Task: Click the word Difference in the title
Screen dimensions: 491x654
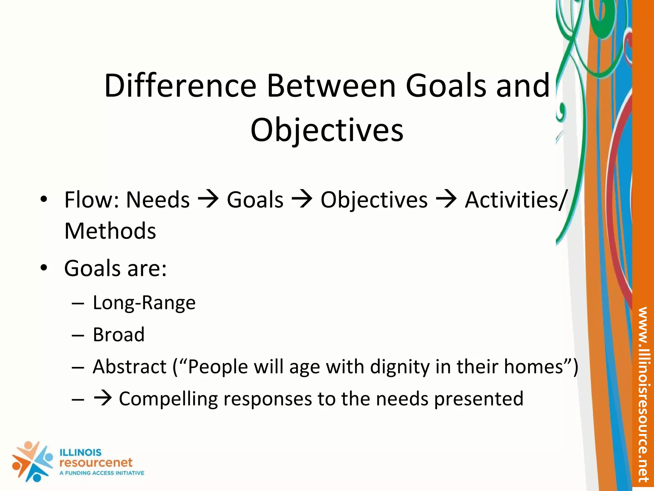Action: [180, 86]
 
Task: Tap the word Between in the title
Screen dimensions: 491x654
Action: [331, 86]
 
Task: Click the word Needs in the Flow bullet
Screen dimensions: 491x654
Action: [158, 200]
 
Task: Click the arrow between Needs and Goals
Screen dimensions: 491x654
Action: [208, 200]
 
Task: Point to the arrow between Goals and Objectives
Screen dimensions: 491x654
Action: [302, 200]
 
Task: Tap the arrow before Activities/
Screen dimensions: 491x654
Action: [446, 200]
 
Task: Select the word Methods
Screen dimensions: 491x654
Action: [110, 231]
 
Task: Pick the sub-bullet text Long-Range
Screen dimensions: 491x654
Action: [144, 302]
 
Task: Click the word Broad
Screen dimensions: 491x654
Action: [118, 335]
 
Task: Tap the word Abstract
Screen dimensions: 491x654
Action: [129, 367]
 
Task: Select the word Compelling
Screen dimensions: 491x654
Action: [169, 399]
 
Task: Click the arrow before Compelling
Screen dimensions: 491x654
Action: [103, 398]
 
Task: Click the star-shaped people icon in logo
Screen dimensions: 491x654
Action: [32, 461]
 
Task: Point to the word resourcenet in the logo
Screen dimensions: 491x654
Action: [96, 463]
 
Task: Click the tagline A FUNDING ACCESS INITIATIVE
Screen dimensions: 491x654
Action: [102, 473]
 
